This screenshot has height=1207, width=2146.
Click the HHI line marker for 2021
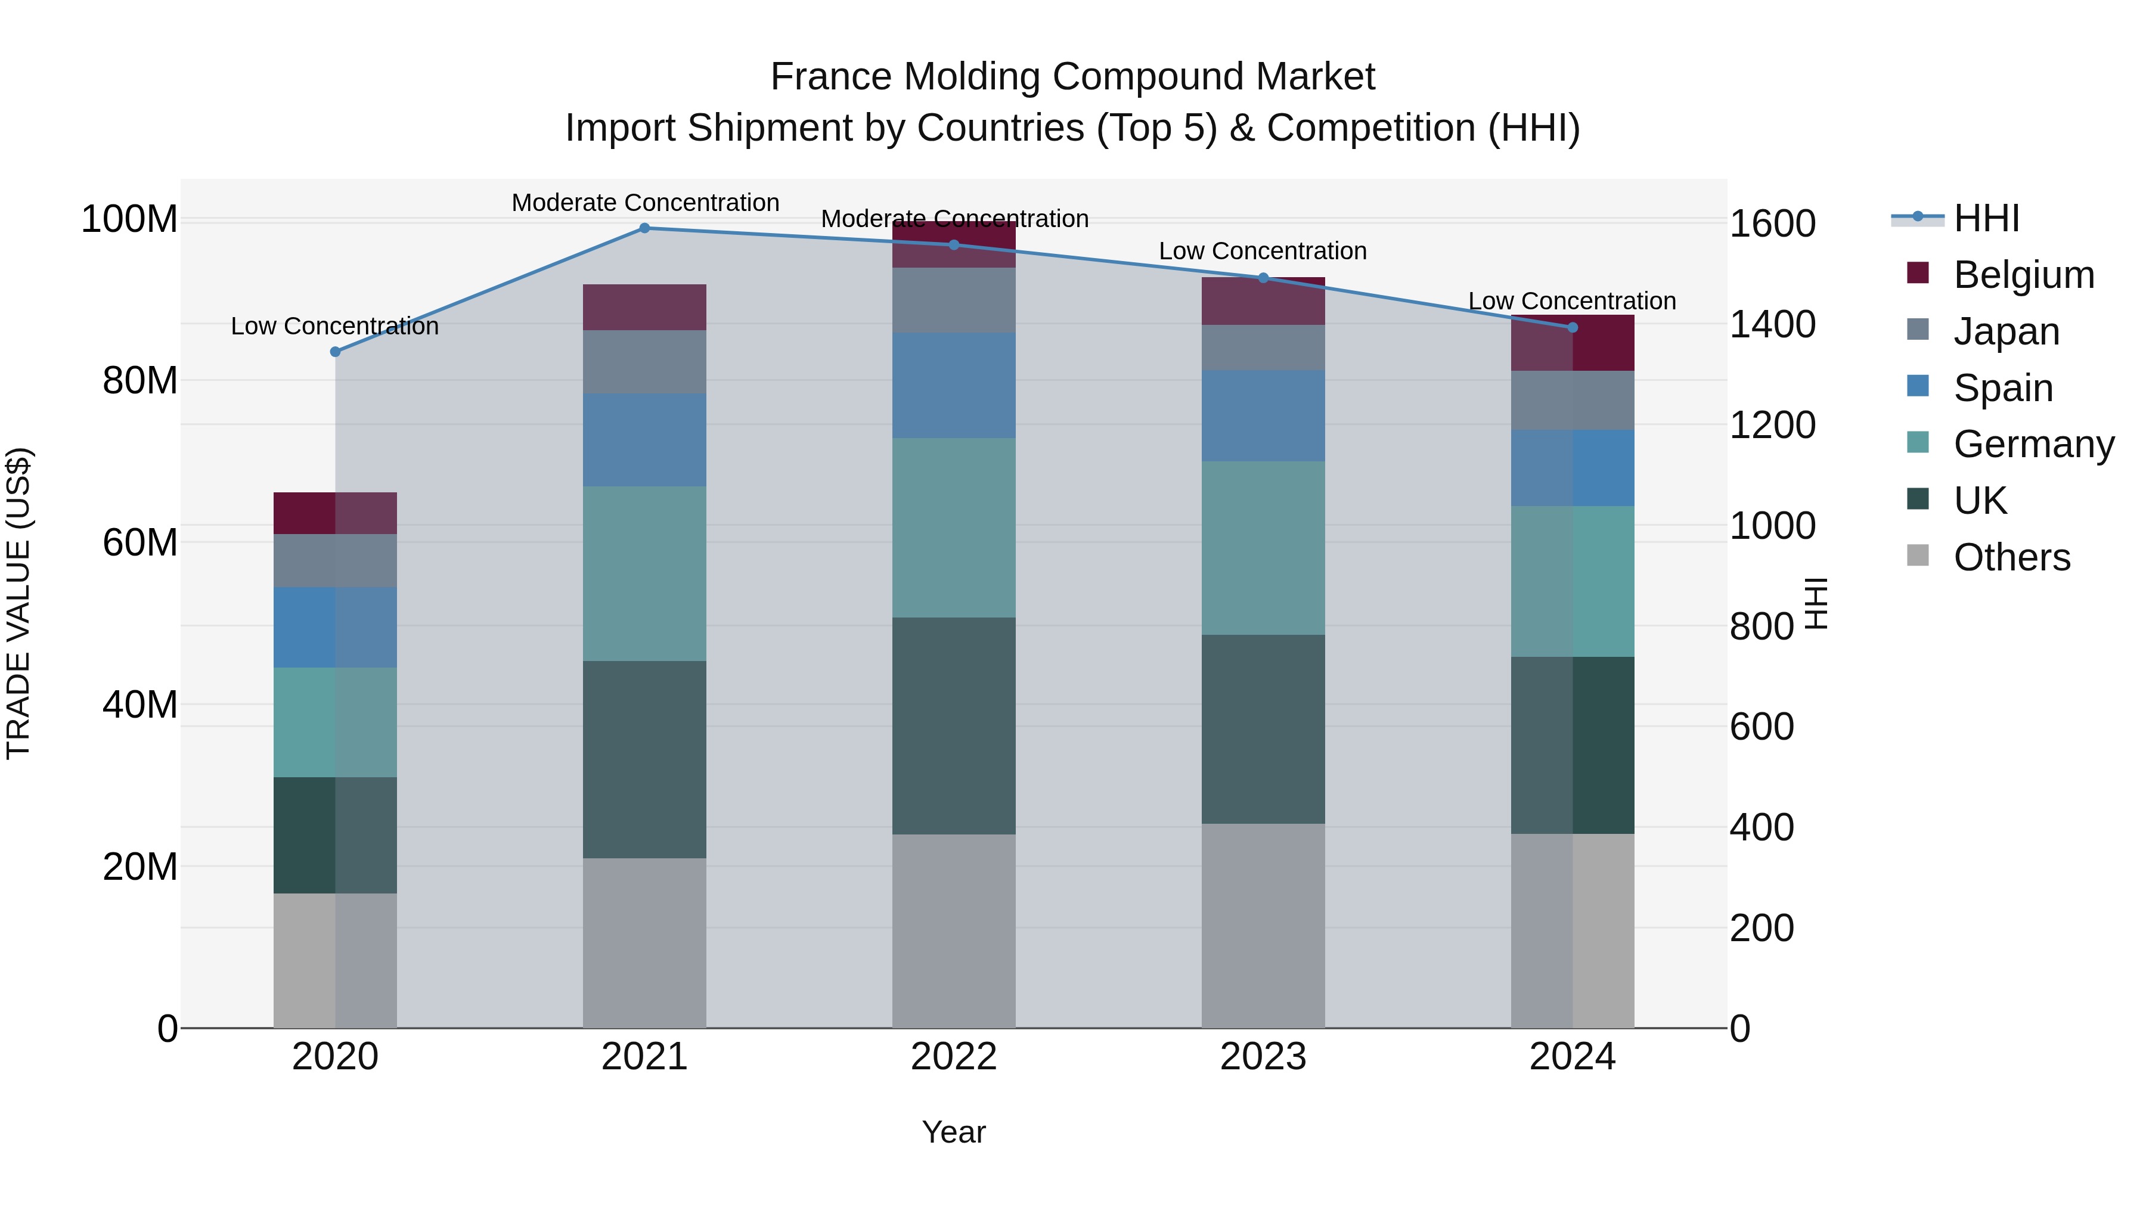click(644, 228)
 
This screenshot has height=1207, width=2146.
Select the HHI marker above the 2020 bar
click(335, 352)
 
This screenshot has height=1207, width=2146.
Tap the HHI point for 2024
click(1573, 327)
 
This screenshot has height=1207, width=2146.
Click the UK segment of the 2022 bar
click(954, 725)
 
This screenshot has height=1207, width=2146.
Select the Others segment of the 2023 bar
click(1263, 926)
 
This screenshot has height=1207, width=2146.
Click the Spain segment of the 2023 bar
click(1263, 415)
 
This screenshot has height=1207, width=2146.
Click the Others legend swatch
click(1918, 556)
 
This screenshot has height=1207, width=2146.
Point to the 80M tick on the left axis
click(139, 381)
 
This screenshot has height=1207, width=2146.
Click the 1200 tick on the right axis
click(1772, 425)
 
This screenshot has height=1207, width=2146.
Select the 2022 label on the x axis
click(954, 1057)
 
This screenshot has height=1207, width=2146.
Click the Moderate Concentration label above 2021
click(645, 203)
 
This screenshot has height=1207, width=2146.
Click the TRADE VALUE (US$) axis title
click(18, 603)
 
